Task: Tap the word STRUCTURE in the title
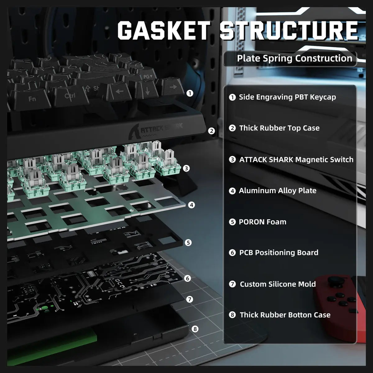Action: pos(289,30)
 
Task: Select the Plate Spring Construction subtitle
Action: pos(294,58)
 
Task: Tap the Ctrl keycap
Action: pos(70,96)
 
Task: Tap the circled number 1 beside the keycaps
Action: pos(190,93)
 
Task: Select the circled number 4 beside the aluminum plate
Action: pos(191,205)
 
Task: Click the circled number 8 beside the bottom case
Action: pos(195,329)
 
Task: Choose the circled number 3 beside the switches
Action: pos(186,168)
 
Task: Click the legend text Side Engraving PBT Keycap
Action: pos(287,97)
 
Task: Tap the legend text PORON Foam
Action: pos(262,222)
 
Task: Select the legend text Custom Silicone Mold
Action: pos(278,284)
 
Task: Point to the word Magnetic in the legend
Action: pos(312,160)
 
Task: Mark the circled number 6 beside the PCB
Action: pos(187,278)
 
